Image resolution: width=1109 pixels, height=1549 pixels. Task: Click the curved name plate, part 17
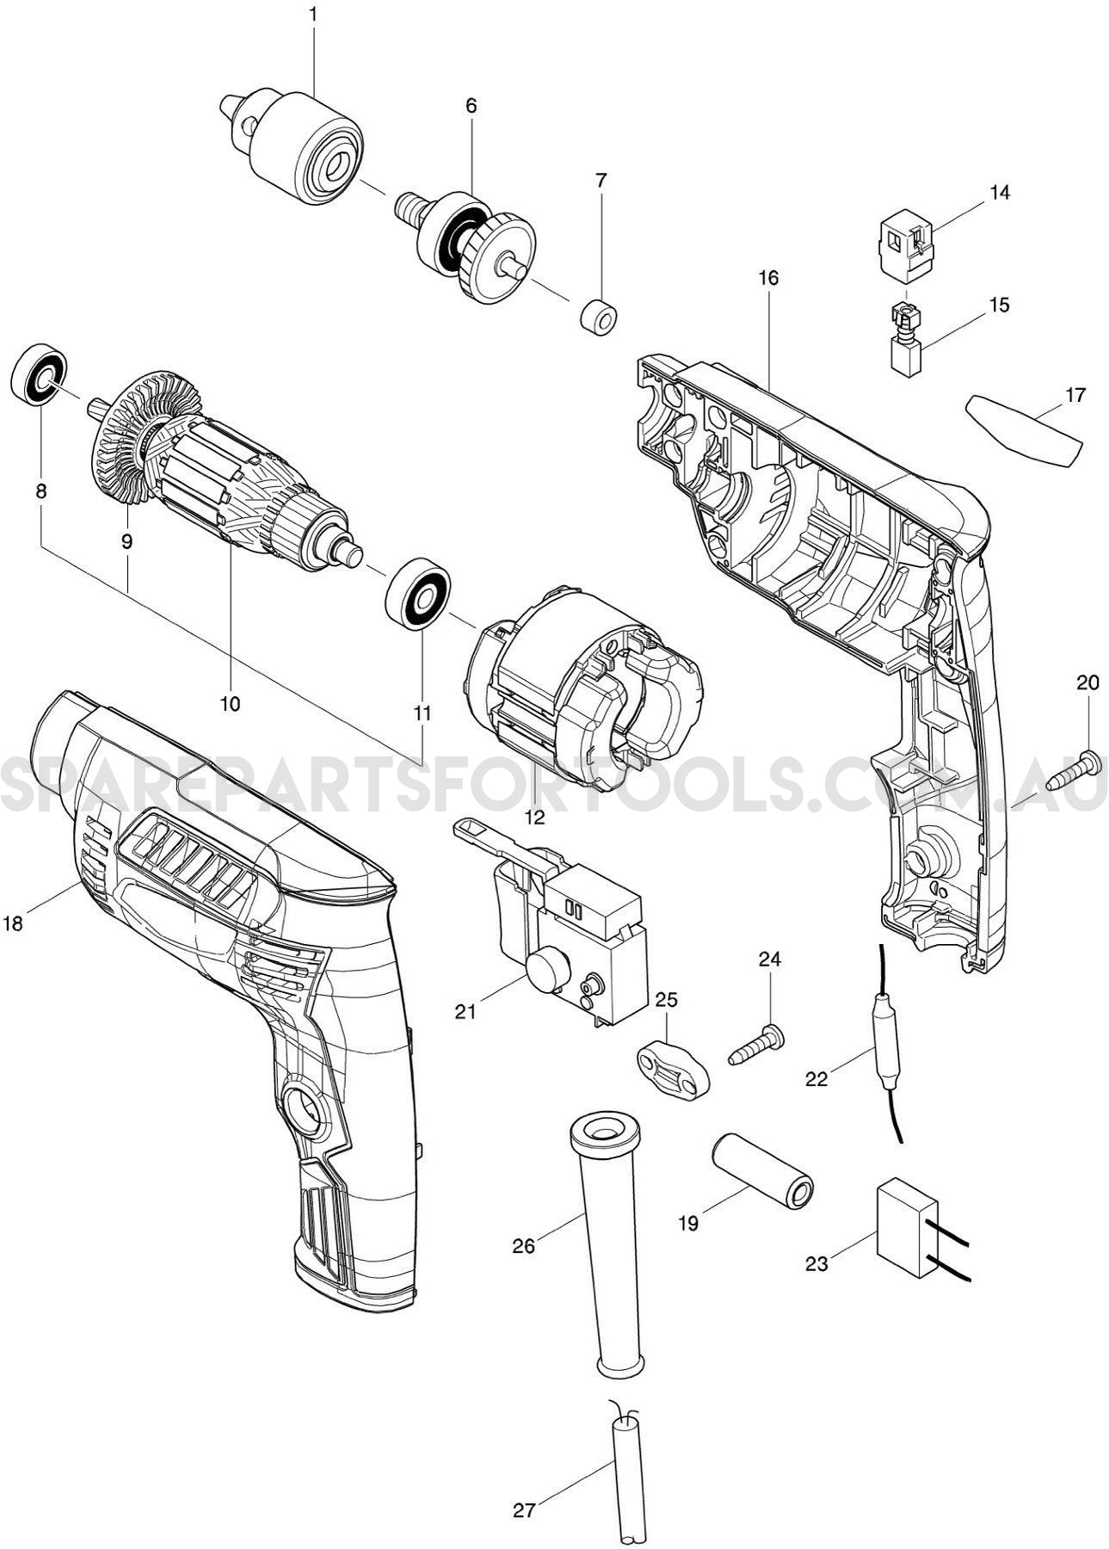pos(1024,429)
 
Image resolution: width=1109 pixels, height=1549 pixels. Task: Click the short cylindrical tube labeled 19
pos(761,1176)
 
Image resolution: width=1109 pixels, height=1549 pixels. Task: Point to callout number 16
pos(768,278)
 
